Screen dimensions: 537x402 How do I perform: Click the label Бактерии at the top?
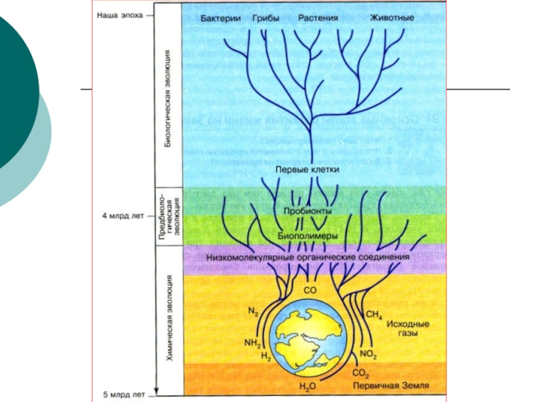221,19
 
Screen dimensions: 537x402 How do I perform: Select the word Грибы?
266,19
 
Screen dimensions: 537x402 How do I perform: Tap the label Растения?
318,19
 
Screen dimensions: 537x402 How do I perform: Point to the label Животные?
392,19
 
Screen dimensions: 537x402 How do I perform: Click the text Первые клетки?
307,170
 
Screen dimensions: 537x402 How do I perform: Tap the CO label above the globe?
309,291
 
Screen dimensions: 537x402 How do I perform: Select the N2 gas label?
253,312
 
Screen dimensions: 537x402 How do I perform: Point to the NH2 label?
252,342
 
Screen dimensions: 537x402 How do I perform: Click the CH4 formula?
373,314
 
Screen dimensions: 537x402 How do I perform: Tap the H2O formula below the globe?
307,387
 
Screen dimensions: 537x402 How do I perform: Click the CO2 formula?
360,373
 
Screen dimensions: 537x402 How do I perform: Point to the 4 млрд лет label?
125,218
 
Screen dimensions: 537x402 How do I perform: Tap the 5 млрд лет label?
125,393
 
